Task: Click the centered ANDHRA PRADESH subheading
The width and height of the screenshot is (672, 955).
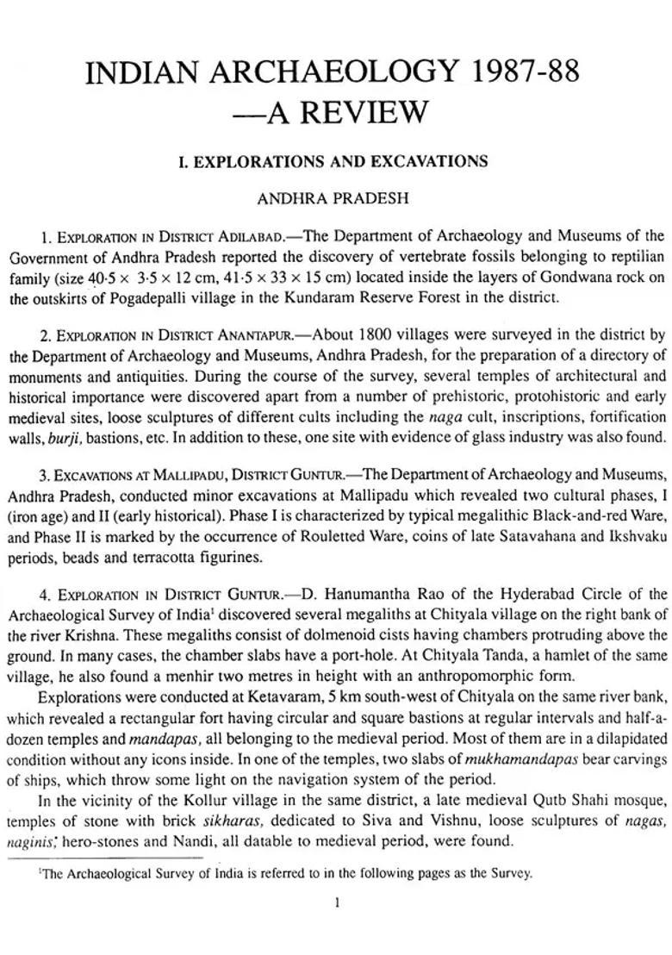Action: pyautogui.click(x=333, y=198)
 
